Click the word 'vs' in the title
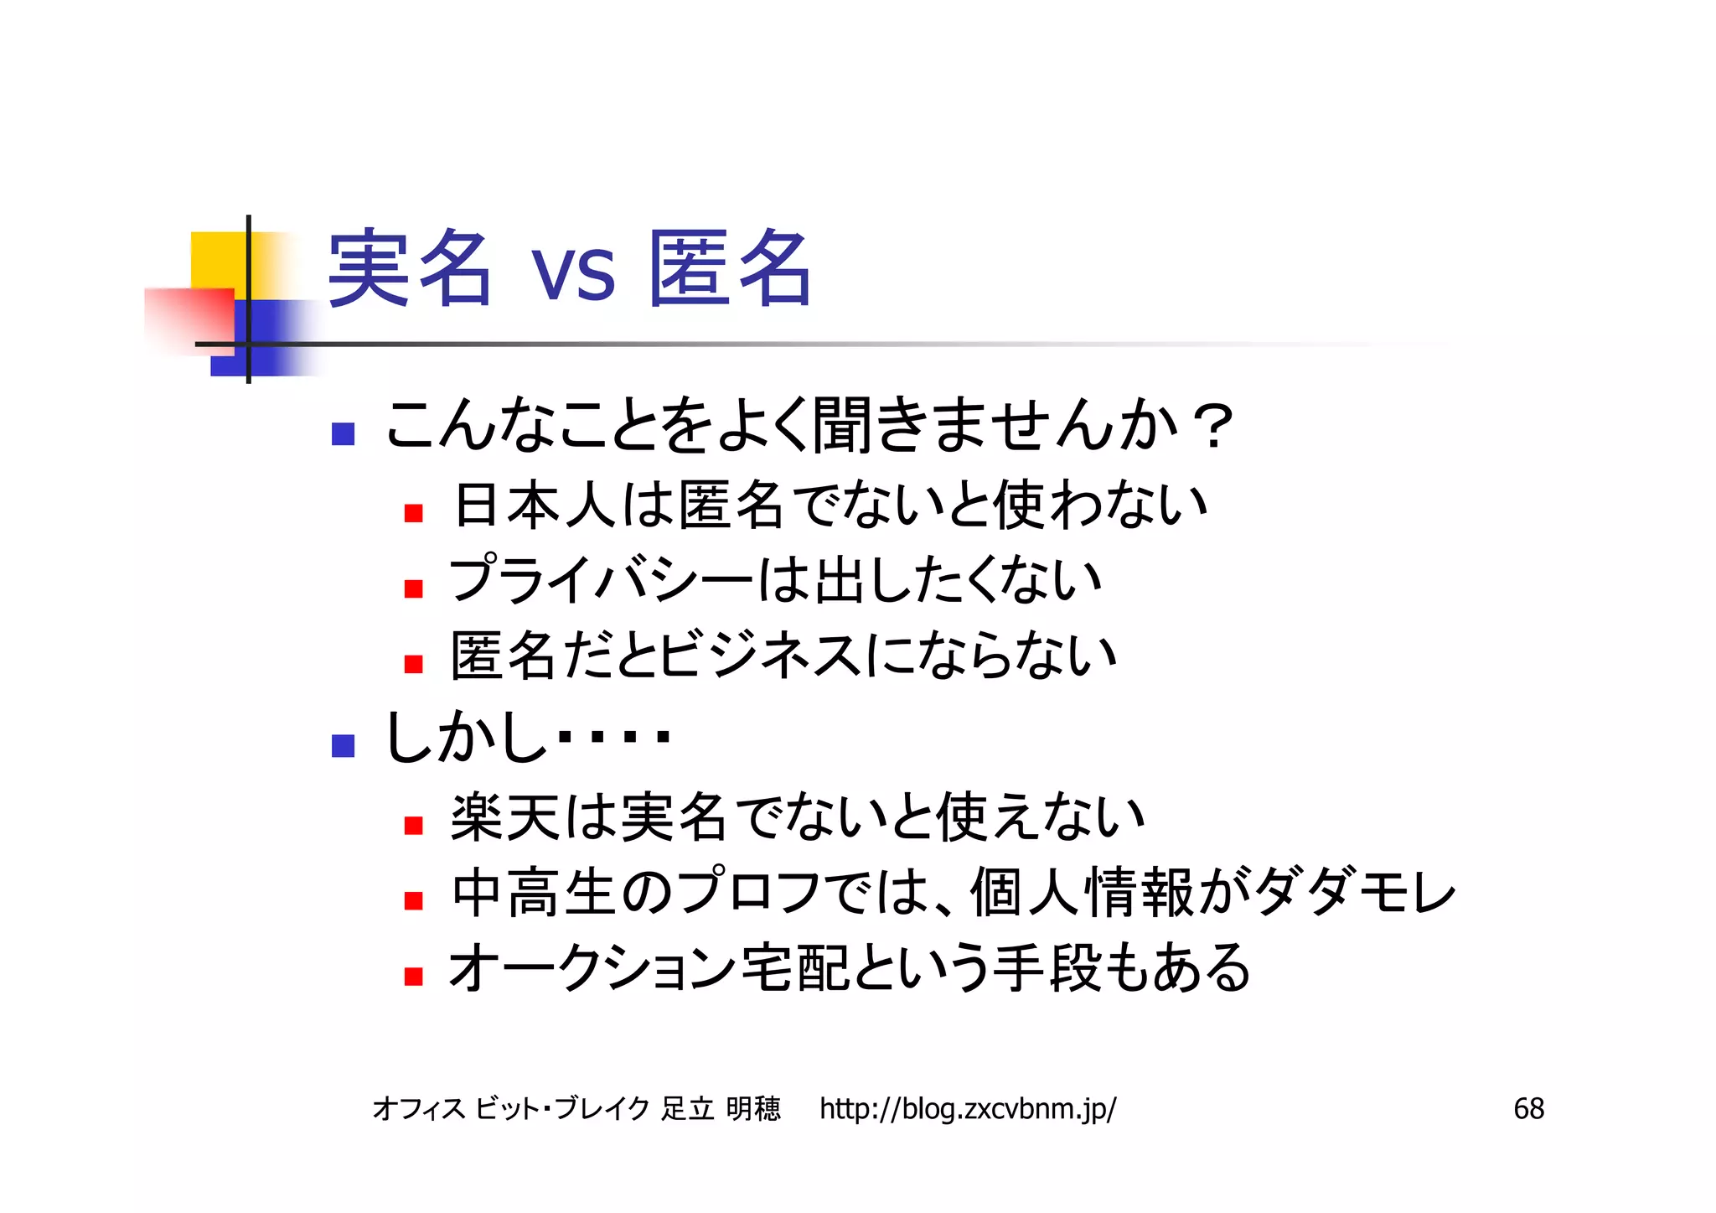click(x=573, y=273)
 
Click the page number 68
click(x=1528, y=1108)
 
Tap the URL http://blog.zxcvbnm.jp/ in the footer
click(x=967, y=1108)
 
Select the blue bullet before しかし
click(x=343, y=745)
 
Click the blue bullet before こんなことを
click(x=343, y=433)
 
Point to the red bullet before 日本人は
click(x=413, y=512)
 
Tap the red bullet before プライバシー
click(x=413, y=588)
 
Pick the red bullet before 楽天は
click(x=413, y=825)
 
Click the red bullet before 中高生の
click(x=413, y=900)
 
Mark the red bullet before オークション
click(x=413, y=976)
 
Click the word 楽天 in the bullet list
click(x=505, y=817)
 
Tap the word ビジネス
click(x=759, y=656)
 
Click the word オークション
click(x=592, y=968)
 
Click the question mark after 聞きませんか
click(x=1213, y=426)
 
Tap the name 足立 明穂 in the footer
click(x=721, y=1108)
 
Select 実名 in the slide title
click(x=409, y=268)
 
